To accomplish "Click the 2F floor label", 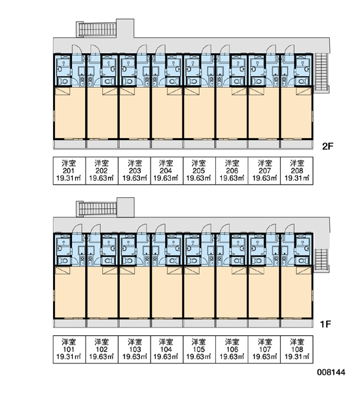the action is (327, 146).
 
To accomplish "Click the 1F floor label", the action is (326, 324).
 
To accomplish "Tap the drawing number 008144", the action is (331, 372).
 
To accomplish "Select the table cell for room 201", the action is (69, 171).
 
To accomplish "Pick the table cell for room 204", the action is (167, 171).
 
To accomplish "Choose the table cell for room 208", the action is (297, 171).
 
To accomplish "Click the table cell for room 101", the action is (69, 349).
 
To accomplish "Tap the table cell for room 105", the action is (199, 349).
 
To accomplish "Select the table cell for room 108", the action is (297, 349).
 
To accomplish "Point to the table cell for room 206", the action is (232, 171).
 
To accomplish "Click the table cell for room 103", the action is (134, 349).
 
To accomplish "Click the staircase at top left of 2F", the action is (96, 29).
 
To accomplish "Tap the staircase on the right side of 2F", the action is (321, 73).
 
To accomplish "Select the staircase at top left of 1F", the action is (97, 208).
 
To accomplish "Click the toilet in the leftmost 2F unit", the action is (63, 81).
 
